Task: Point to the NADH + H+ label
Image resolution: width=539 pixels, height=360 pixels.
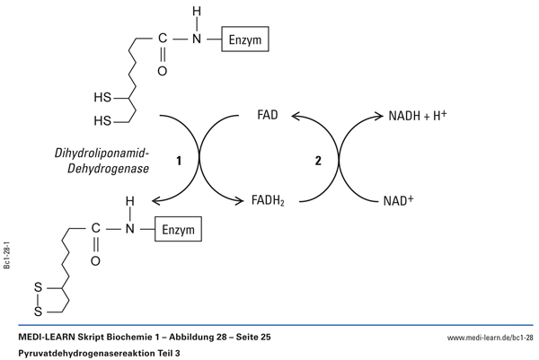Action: point(417,116)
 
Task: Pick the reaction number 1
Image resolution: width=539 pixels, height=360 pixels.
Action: point(180,162)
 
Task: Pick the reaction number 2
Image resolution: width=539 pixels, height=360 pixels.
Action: point(316,162)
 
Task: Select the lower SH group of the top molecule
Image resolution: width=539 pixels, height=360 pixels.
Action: point(102,120)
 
